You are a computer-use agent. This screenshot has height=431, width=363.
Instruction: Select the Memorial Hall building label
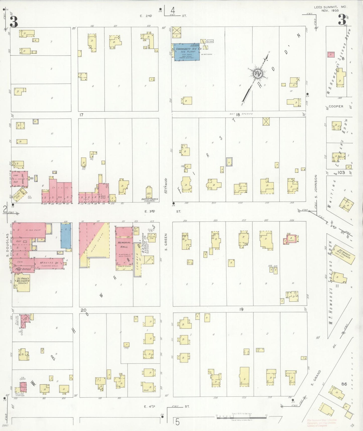coord(124,245)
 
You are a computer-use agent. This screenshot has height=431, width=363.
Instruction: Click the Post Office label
coord(23,269)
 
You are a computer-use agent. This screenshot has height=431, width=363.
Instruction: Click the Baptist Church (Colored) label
coord(150,199)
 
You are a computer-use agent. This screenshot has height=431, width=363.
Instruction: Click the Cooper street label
coord(336,106)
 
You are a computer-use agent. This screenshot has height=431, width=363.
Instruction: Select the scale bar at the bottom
coord(241,418)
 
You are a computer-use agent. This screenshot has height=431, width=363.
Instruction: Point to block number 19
coord(241,309)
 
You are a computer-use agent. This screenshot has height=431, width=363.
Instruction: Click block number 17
coord(81,115)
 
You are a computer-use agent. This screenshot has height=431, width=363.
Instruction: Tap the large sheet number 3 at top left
coord(14,22)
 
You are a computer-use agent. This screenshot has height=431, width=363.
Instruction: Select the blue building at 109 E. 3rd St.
coord(66,236)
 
